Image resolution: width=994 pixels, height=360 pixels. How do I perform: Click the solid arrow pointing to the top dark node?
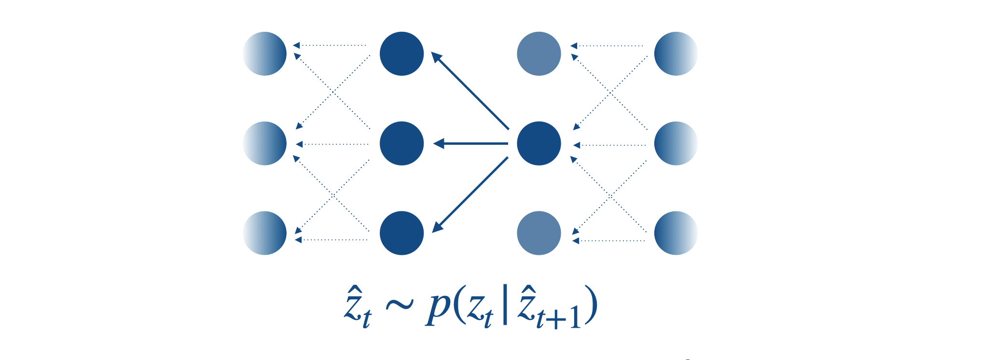(x=470, y=91)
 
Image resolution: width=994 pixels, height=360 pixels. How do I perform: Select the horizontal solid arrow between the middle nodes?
(x=471, y=143)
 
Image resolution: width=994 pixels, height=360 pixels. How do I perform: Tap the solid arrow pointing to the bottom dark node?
(x=470, y=195)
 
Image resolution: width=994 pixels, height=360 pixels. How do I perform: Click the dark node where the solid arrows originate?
(x=538, y=143)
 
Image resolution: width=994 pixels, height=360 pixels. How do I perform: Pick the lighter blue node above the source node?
(x=538, y=54)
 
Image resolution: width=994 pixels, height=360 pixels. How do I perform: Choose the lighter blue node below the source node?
(x=538, y=233)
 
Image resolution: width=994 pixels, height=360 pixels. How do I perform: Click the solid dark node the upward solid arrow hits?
(x=401, y=54)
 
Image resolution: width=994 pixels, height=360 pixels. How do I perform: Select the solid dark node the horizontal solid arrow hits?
(x=401, y=143)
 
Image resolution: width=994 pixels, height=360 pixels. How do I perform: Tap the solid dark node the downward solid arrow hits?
(x=401, y=233)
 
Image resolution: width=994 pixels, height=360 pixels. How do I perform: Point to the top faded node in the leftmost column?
(x=264, y=54)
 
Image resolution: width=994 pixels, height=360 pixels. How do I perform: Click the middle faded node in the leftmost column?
(x=264, y=143)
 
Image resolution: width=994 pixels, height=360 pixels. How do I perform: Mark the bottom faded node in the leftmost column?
(x=264, y=233)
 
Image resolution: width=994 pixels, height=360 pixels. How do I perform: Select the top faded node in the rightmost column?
(x=676, y=54)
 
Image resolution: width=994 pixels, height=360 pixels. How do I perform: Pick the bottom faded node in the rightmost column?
(x=676, y=233)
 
